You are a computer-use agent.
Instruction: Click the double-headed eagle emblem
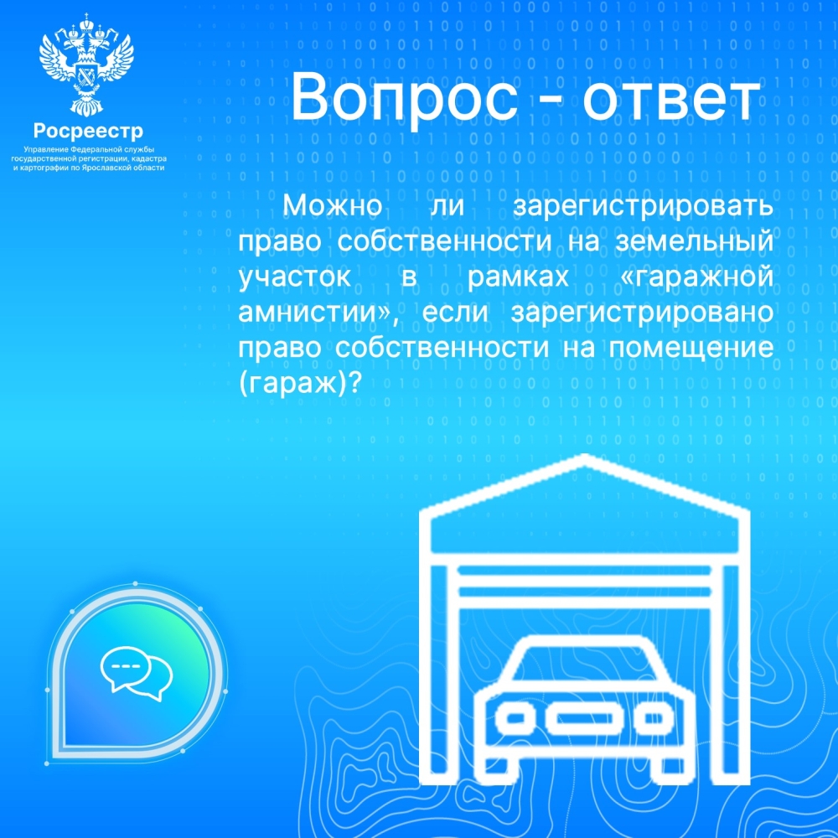(x=86, y=65)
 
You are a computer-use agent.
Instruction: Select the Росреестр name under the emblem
(x=89, y=132)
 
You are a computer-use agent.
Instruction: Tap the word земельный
(x=694, y=241)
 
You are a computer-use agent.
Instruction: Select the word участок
(x=294, y=277)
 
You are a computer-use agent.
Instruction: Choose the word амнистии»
(x=318, y=313)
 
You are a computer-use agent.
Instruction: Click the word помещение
(x=691, y=349)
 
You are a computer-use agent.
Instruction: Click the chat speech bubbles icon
(x=137, y=673)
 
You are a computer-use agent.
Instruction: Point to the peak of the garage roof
(x=585, y=456)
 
